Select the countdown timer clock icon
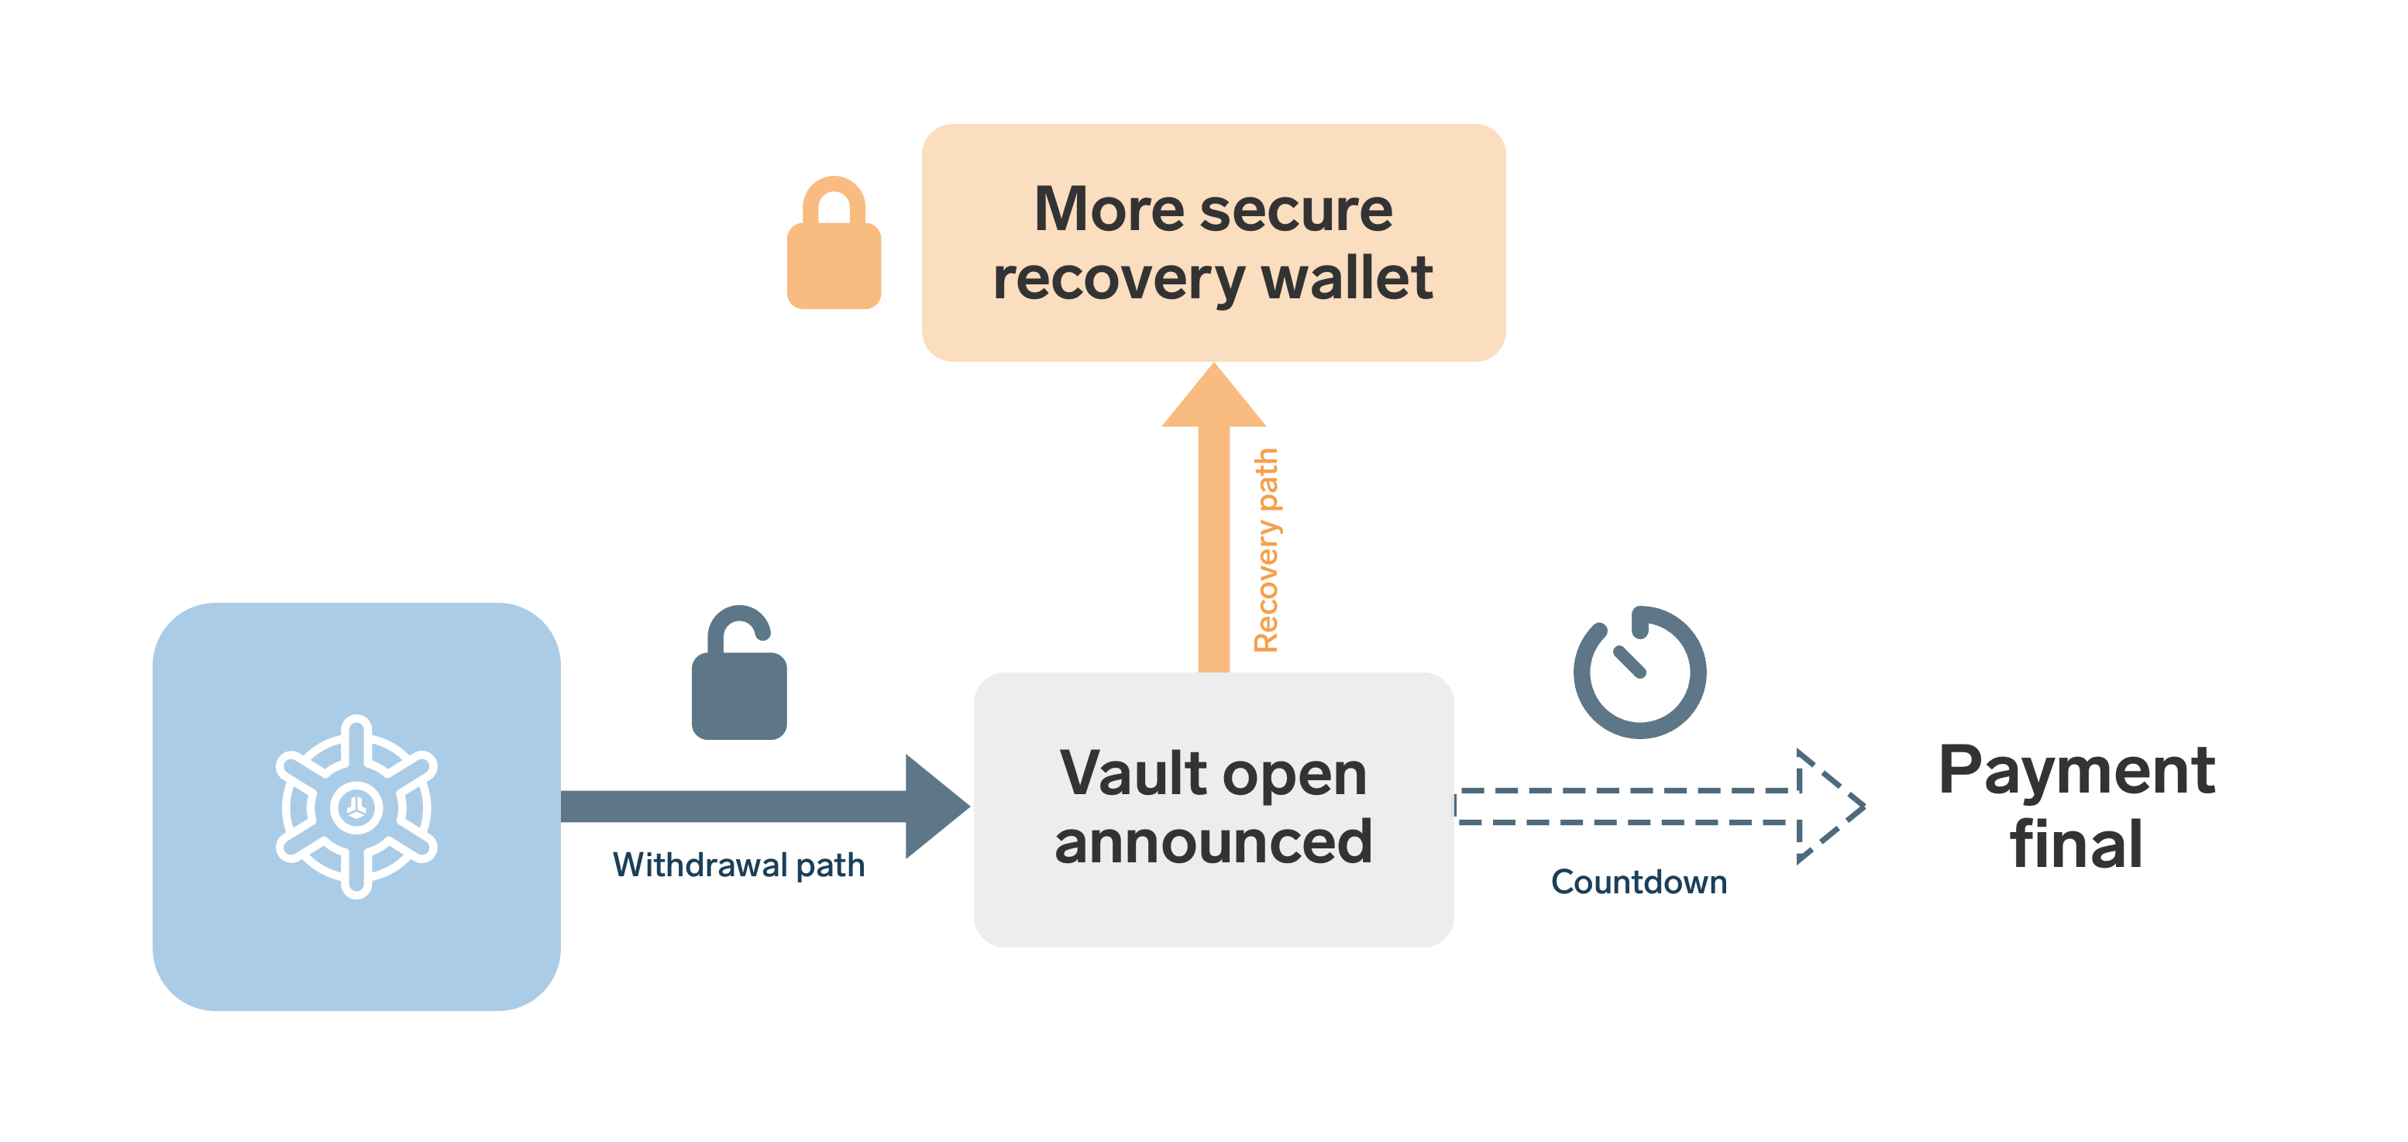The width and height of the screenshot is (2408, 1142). (1639, 672)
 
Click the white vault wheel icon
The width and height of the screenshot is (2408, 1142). (356, 807)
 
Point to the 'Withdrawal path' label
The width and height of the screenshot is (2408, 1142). (738, 865)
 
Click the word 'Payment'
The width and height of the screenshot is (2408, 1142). (2076, 772)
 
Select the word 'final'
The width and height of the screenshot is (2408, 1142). (2076, 844)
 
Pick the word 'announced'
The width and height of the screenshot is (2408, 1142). (1213, 841)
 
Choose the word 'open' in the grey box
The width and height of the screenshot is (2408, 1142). (1294, 775)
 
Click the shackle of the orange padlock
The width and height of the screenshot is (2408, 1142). (834, 198)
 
